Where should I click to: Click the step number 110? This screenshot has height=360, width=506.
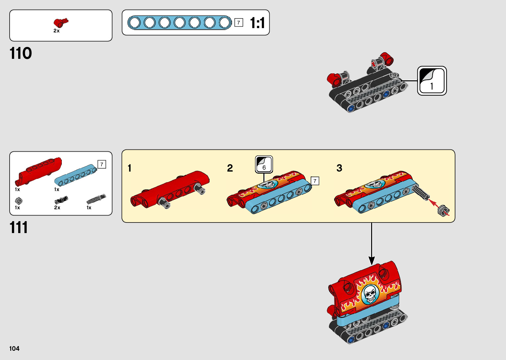point(21,53)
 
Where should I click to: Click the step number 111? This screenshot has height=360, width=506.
point(19,228)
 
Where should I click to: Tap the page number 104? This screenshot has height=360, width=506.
point(15,348)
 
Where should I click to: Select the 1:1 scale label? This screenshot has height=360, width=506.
point(257,23)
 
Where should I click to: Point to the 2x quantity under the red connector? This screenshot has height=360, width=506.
point(57,31)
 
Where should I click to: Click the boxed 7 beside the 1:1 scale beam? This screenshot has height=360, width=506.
point(239,22)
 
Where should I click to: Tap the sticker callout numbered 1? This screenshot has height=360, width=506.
point(432,81)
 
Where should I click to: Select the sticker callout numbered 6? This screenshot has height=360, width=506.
point(264,164)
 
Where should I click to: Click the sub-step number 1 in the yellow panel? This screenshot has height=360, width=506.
point(130,168)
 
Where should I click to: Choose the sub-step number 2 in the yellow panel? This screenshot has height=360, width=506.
point(230,168)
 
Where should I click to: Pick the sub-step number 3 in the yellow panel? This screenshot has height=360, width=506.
point(339,168)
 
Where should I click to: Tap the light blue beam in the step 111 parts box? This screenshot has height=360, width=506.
point(75,175)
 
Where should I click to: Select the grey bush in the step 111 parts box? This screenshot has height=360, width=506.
point(19,200)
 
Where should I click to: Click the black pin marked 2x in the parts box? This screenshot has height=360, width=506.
point(61,200)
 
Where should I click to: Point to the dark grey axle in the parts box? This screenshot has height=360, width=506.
point(96,199)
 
